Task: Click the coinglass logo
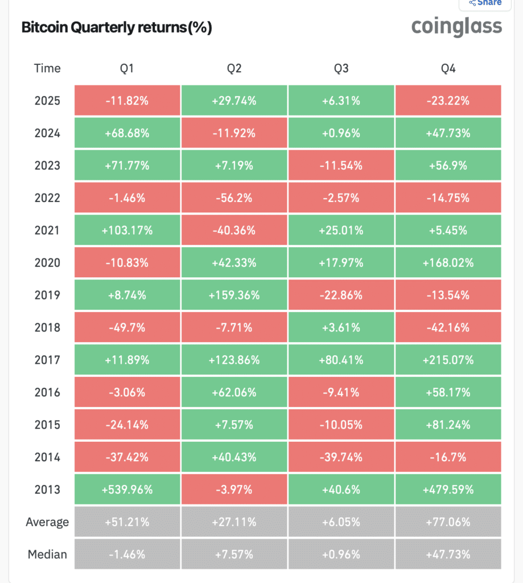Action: (x=456, y=26)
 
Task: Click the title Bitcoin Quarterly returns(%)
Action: (x=117, y=28)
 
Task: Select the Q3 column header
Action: (x=341, y=68)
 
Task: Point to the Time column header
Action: (x=47, y=68)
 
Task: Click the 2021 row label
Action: (x=47, y=231)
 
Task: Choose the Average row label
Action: (x=47, y=522)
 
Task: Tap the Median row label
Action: (x=47, y=555)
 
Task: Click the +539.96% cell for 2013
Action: (x=127, y=490)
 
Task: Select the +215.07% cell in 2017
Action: (x=448, y=360)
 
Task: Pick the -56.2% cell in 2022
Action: (x=234, y=198)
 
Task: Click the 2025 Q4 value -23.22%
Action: (x=448, y=101)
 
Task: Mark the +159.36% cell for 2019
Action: (x=234, y=295)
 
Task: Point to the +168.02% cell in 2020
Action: (x=448, y=263)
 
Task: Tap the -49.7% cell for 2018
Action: (x=127, y=328)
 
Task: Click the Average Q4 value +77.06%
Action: (x=448, y=522)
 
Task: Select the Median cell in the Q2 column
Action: (x=234, y=555)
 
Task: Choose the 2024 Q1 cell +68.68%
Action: (x=127, y=133)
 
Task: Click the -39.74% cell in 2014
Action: (x=341, y=457)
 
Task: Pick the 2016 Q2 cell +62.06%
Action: (x=234, y=392)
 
